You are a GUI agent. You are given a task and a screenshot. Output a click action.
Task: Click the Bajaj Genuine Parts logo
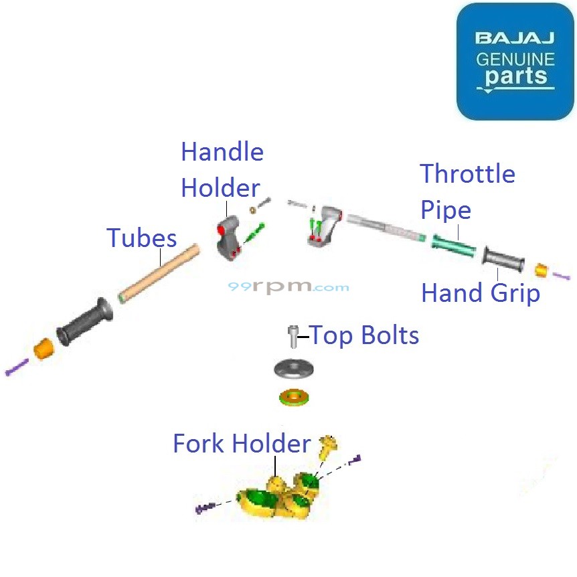point(515,62)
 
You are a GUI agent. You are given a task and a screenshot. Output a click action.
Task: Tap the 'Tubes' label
point(142,238)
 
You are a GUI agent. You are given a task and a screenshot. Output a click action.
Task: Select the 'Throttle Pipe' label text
point(467,192)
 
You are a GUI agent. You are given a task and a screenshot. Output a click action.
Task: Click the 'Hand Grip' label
point(480,293)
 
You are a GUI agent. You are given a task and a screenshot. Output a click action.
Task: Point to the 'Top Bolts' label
point(365,335)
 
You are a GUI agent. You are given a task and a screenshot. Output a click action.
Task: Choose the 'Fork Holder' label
point(242,443)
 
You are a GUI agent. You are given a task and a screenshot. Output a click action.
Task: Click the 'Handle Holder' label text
point(222,170)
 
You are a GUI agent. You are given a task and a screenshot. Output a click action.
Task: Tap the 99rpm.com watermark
point(288,286)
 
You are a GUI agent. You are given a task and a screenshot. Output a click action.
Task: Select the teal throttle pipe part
point(454,246)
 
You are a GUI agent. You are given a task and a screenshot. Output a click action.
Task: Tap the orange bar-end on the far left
point(44,348)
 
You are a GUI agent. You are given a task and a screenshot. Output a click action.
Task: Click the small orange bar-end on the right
point(542,270)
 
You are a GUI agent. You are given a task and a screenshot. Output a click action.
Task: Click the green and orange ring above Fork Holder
point(294,397)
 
